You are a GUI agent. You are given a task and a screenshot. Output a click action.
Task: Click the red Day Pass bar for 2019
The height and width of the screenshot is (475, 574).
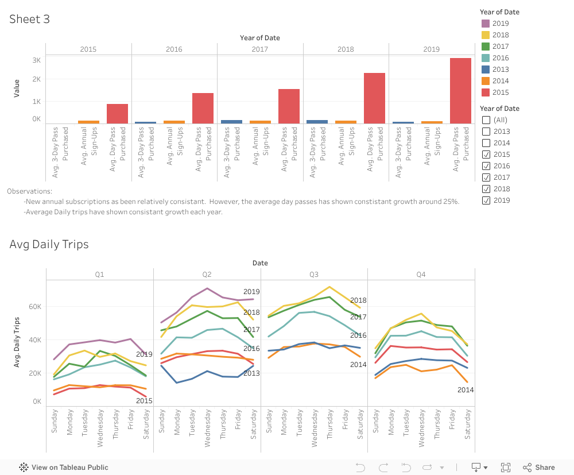click(x=460, y=91)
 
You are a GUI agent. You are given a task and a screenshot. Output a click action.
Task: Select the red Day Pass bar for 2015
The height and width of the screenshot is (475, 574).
click(x=117, y=114)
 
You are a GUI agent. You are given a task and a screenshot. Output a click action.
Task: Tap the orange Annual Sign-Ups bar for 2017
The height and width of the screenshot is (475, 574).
click(x=260, y=122)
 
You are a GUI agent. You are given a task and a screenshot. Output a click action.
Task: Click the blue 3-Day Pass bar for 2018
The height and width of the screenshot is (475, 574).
click(x=317, y=122)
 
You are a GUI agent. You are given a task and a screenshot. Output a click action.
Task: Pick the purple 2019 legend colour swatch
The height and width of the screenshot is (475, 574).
click(x=486, y=24)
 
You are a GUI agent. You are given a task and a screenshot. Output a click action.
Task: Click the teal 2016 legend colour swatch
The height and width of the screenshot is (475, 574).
click(x=486, y=58)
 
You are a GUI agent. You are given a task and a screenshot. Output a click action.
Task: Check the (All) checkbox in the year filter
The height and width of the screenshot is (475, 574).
click(x=486, y=120)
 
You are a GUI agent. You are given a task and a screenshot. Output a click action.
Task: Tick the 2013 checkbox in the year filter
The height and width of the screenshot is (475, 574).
click(x=486, y=132)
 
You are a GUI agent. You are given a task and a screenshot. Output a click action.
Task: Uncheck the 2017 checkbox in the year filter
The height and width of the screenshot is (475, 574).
click(x=486, y=177)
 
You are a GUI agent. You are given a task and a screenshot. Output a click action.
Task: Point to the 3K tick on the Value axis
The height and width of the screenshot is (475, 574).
click(x=36, y=60)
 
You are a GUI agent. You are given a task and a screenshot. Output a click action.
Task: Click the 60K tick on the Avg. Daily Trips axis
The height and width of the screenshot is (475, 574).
click(x=35, y=307)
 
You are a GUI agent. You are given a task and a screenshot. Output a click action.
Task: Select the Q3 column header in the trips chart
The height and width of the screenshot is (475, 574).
click(x=314, y=275)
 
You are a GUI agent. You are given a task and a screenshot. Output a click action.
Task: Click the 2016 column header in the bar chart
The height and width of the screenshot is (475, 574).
click(x=174, y=49)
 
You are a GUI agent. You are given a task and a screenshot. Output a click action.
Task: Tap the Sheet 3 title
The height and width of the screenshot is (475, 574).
click(x=29, y=19)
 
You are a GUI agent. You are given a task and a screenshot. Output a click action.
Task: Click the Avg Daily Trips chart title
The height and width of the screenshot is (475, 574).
click(x=49, y=244)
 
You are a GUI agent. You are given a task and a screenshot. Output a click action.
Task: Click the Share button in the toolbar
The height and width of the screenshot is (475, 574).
click(x=539, y=468)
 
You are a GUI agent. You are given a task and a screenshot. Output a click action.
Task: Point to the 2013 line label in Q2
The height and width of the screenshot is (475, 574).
click(x=251, y=373)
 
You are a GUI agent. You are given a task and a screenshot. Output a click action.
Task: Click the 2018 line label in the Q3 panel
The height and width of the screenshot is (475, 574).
click(x=358, y=300)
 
